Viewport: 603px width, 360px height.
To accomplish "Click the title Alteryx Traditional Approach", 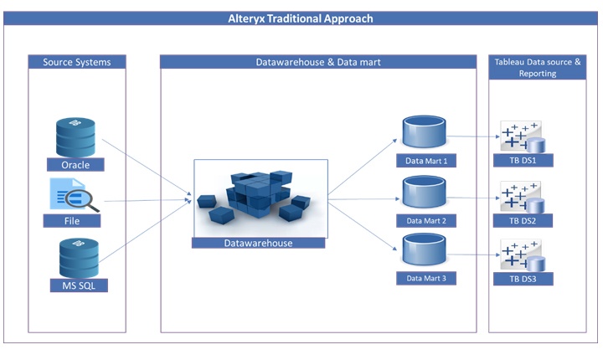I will (301, 18).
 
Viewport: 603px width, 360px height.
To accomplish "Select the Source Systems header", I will (76, 62).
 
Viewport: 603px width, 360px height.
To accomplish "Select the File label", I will (72, 221).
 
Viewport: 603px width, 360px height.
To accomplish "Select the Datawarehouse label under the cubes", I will (258, 243).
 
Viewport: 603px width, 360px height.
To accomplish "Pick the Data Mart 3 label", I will (425, 278).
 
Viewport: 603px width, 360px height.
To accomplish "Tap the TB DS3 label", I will (523, 278).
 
